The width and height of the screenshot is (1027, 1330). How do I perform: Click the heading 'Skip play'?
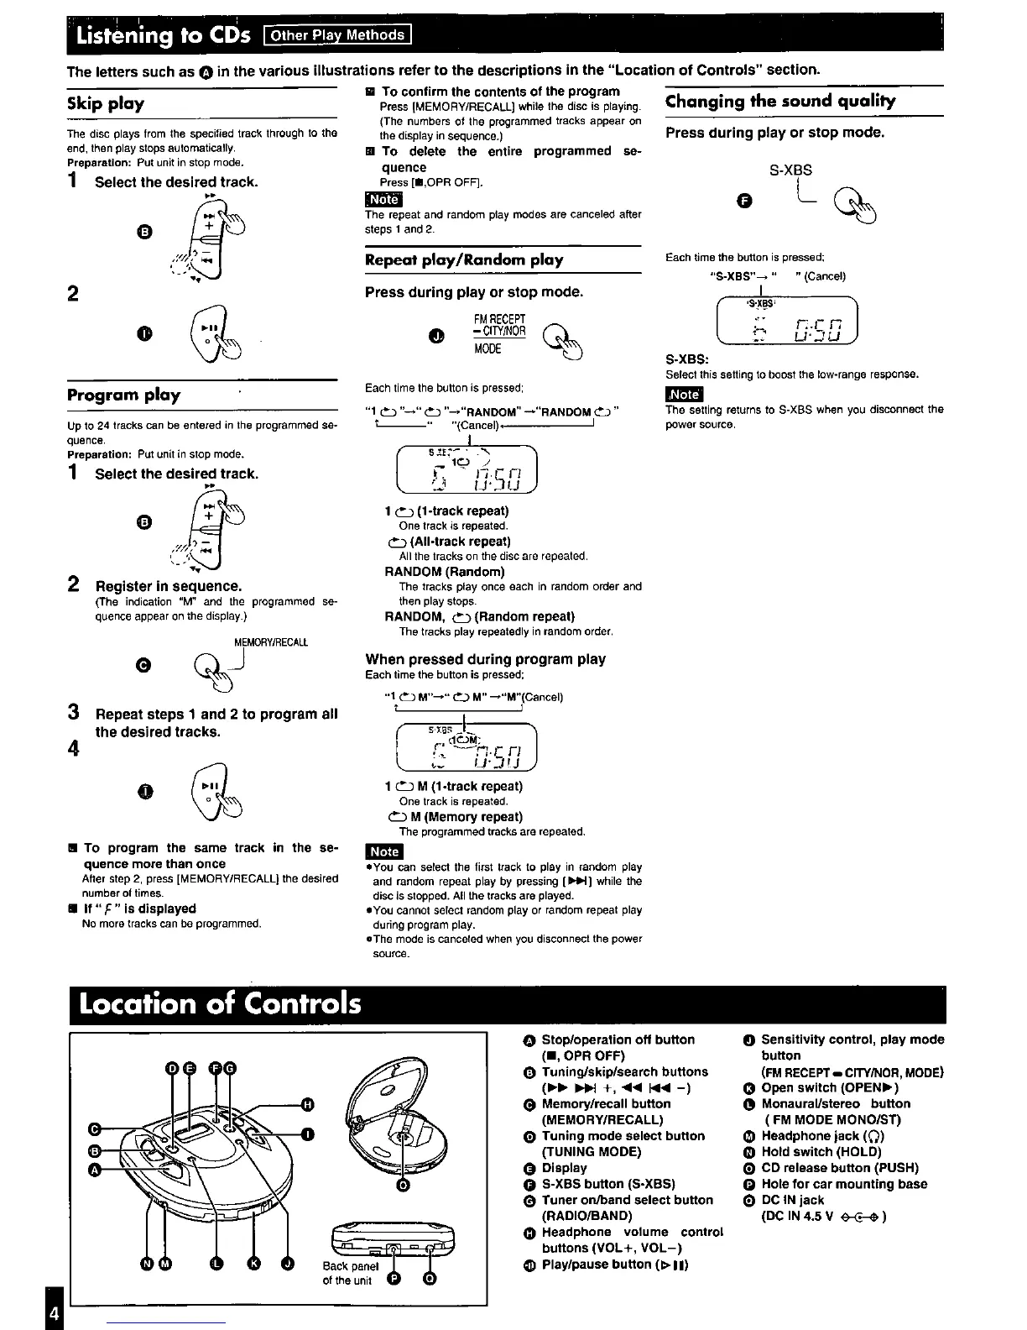(x=106, y=104)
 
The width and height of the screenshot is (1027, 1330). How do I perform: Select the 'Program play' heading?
(x=123, y=395)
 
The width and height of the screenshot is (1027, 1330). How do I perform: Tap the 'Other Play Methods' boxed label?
(x=337, y=35)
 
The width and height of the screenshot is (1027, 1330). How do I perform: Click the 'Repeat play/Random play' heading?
(x=464, y=260)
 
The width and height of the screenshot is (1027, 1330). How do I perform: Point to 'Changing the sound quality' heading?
(x=780, y=102)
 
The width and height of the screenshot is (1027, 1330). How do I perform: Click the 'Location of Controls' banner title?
(x=220, y=1004)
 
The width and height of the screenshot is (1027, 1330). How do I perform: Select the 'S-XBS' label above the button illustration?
(x=790, y=170)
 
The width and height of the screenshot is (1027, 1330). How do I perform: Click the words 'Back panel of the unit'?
(x=351, y=1273)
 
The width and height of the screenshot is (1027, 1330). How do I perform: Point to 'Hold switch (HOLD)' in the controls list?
(x=809, y=1152)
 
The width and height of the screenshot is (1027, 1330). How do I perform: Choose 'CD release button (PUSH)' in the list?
(x=839, y=1168)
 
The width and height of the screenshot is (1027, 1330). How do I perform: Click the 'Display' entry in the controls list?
(x=564, y=1168)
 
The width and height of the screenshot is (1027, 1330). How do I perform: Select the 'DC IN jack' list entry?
(x=792, y=1200)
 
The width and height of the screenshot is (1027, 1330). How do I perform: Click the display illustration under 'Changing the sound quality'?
(x=786, y=322)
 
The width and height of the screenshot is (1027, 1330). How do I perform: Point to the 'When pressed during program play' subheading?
(x=485, y=659)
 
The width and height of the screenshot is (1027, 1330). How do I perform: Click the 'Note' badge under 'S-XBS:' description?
(x=684, y=394)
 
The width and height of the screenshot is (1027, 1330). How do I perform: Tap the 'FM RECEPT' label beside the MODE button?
(x=499, y=319)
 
